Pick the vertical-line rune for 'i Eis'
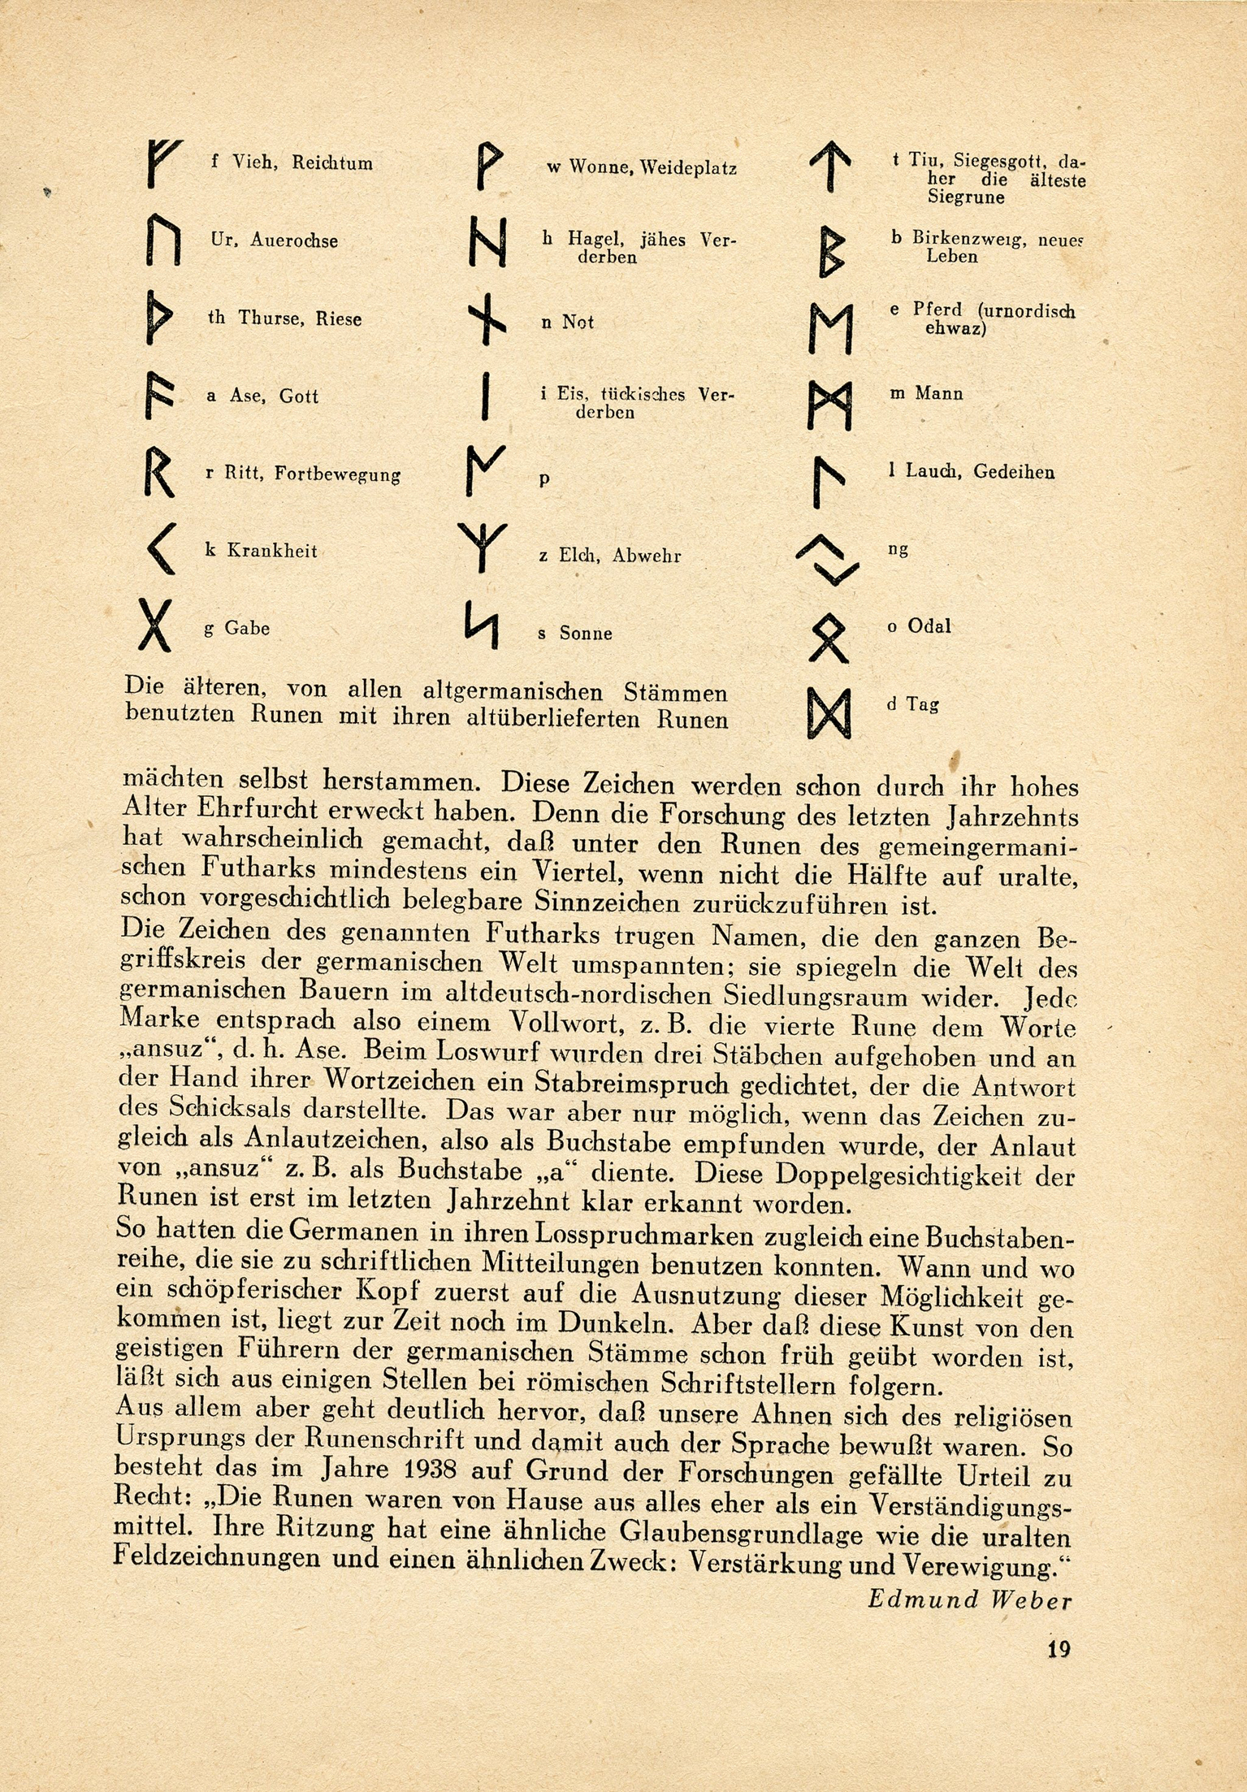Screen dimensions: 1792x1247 click(x=485, y=398)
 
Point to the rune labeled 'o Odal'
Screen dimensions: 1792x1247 click(x=829, y=634)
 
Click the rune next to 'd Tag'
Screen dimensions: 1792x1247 click(x=829, y=713)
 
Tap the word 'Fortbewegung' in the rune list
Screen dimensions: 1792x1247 click(x=337, y=475)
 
